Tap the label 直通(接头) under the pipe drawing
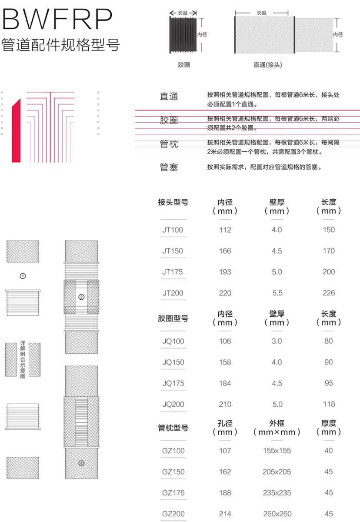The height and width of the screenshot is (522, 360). [x=268, y=65]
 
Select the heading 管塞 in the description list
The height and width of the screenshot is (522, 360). [x=169, y=167]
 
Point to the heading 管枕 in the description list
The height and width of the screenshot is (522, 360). [x=169, y=144]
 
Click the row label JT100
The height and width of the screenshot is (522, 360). [x=173, y=230]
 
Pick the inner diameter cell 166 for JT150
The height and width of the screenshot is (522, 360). [x=225, y=251]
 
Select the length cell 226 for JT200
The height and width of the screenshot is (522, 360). [x=329, y=293]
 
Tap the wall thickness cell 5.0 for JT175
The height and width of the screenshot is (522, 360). [x=277, y=272]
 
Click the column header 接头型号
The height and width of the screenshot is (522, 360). [x=173, y=202]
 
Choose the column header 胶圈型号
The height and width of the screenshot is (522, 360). [x=173, y=318]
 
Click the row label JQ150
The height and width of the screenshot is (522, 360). [x=173, y=362]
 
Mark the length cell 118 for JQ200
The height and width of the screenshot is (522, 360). [x=329, y=404]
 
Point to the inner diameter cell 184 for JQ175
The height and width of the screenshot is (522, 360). [x=225, y=383]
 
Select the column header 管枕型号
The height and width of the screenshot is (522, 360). [x=173, y=428]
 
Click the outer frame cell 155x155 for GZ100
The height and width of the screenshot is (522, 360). [x=277, y=451]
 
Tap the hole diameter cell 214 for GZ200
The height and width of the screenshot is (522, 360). [x=225, y=514]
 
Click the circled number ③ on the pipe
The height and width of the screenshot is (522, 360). [x=81, y=463]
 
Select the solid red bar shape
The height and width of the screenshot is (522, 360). [x=16, y=130]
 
